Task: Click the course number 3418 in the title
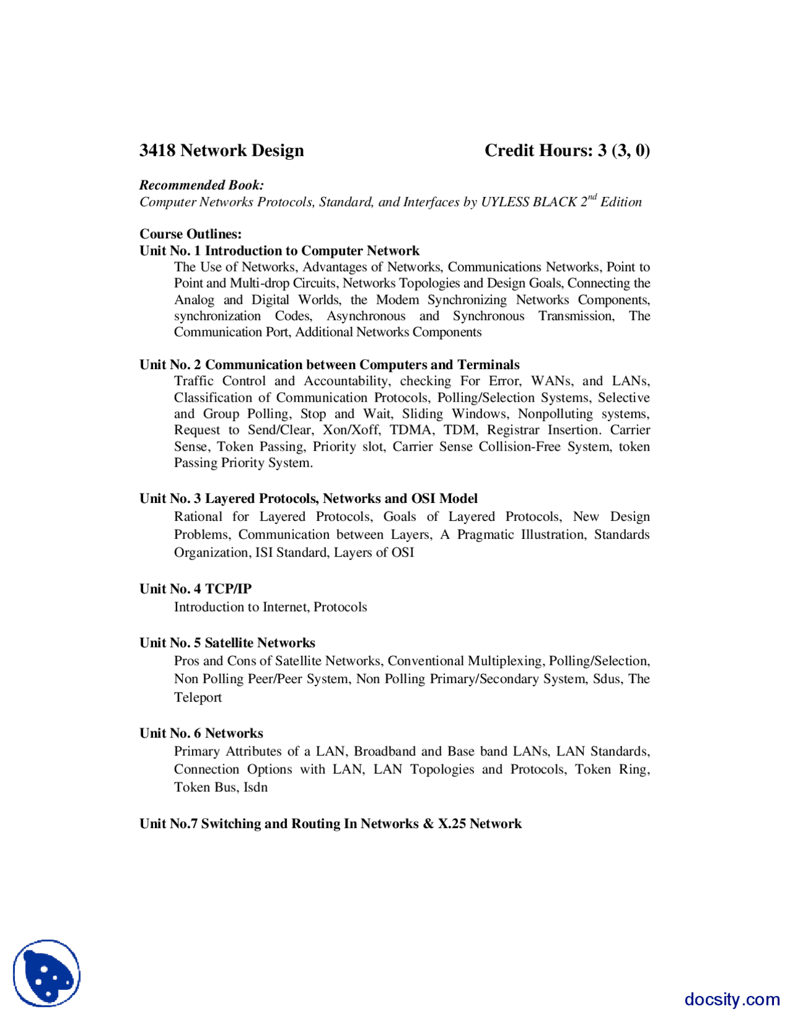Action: [157, 151]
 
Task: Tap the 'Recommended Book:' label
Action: [201, 185]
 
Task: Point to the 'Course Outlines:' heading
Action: [190, 234]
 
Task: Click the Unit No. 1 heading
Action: [279, 251]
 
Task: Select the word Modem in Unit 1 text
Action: [397, 300]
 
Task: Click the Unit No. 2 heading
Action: [329, 365]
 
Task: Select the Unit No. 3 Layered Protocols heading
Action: [308, 499]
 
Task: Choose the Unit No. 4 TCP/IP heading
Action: [195, 589]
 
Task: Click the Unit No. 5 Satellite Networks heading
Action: [227, 643]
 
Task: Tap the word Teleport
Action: [197, 697]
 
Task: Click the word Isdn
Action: [256, 787]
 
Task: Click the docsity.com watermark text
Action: [731, 999]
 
